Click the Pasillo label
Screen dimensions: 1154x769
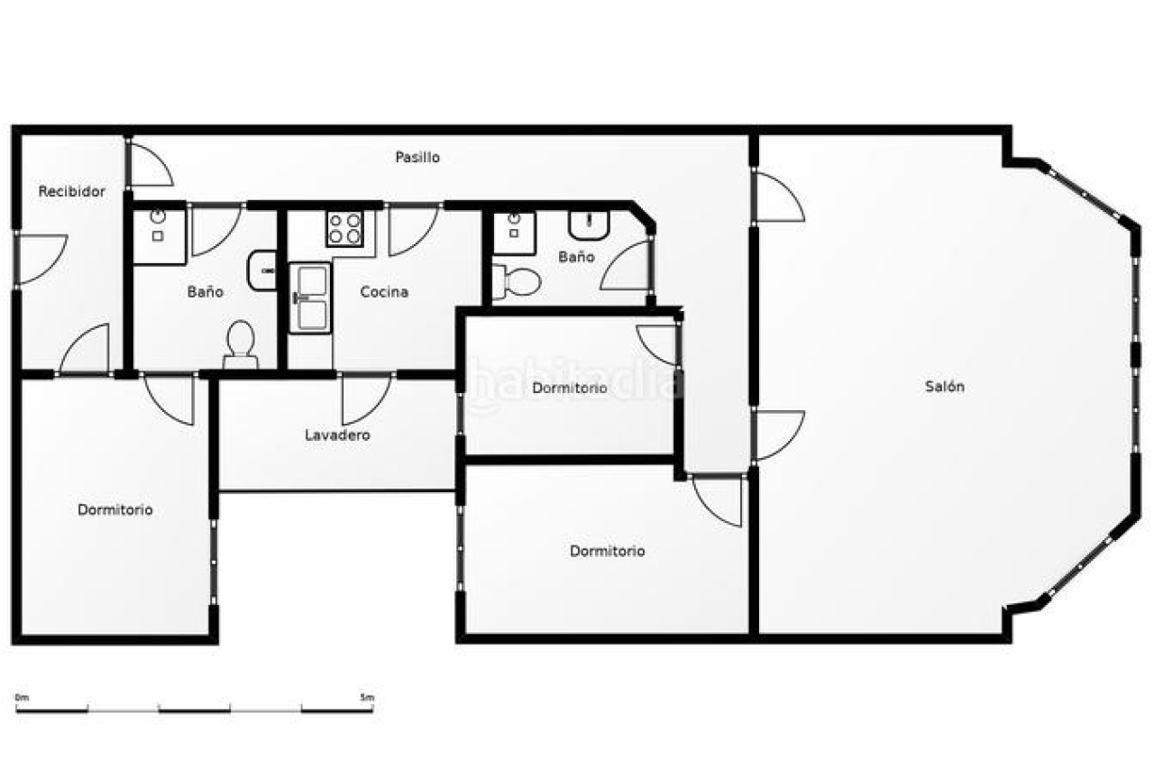coord(417,157)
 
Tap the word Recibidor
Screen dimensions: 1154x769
coord(71,192)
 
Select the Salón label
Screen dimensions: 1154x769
coord(944,386)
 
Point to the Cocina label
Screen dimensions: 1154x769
coord(384,292)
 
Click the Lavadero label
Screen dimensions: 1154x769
coord(337,435)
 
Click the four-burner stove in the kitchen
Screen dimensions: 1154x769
coord(344,229)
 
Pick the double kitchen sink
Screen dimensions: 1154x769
coord(309,298)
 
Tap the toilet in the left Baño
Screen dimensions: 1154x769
coord(240,344)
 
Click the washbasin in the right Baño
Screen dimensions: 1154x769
coord(589,225)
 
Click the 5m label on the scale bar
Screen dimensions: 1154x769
coord(367,698)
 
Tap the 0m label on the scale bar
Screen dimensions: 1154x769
coord(23,698)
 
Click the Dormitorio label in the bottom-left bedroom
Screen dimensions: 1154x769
coord(114,510)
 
